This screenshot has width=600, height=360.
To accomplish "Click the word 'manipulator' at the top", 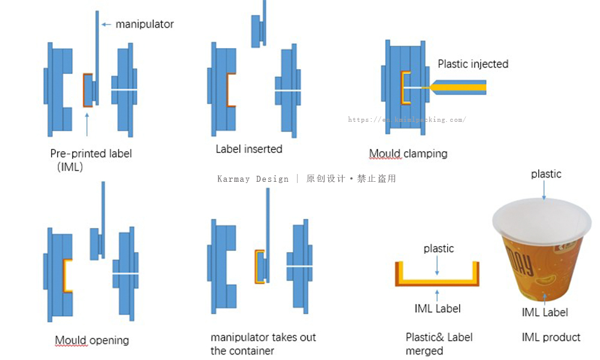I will [x=145, y=24].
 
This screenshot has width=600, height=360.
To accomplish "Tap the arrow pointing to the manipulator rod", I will [x=106, y=24].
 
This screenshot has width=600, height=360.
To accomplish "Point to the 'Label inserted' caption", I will [x=248, y=149].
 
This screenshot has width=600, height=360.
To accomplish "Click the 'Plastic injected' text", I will [x=473, y=64].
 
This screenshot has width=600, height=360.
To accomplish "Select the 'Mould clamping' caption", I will [x=408, y=154].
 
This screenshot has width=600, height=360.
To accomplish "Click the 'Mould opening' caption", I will [x=92, y=340].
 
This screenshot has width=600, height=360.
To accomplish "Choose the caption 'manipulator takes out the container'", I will [x=263, y=344].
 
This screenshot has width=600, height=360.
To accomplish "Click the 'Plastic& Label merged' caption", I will [x=439, y=344].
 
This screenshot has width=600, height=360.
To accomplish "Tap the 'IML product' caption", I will [x=551, y=337].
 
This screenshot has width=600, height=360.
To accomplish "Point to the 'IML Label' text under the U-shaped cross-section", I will [x=437, y=309].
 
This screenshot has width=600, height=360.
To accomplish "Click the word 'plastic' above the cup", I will [x=546, y=174].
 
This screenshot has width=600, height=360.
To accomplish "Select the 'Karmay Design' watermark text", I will [x=253, y=179].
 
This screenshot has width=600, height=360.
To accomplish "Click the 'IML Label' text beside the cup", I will [x=545, y=312].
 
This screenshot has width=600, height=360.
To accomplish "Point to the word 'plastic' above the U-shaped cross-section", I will [x=439, y=248].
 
